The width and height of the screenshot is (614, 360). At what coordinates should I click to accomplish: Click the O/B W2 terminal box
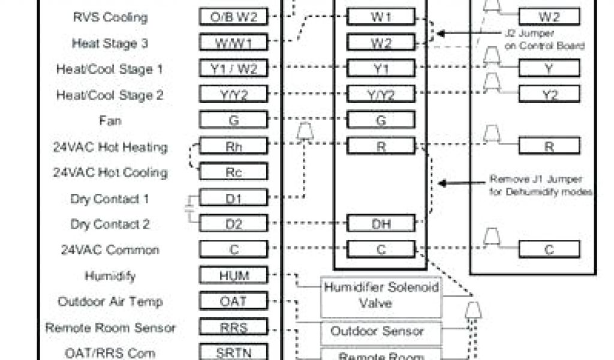pyautogui.click(x=233, y=17)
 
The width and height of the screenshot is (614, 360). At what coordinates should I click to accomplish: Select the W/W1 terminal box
pyautogui.click(x=233, y=43)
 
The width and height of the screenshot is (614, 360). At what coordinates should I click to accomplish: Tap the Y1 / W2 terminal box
pyautogui.click(x=233, y=69)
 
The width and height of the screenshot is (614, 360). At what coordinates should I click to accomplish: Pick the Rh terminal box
pyautogui.click(x=233, y=146)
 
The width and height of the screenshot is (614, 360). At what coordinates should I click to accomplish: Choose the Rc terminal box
pyautogui.click(x=233, y=172)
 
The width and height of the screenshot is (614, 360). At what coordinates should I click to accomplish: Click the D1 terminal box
pyautogui.click(x=233, y=198)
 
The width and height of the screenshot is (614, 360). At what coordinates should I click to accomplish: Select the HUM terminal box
pyautogui.click(x=233, y=275)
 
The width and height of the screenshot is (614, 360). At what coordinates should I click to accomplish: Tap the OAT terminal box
pyautogui.click(x=233, y=301)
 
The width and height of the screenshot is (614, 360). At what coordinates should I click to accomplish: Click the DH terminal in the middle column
pyautogui.click(x=381, y=224)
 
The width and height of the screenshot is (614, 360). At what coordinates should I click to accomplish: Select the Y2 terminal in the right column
pyautogui.click(x=549, y=94)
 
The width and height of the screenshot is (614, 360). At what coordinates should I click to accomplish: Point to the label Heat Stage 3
pyautogui.click(x=110, y=43)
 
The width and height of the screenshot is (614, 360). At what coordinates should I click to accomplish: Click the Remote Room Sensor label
pyautogui.click(x=110, y=328)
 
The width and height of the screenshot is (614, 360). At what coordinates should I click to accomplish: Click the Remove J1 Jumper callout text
pyautogui.click(x=541, y=185)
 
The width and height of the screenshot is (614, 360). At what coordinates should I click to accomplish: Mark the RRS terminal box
pyautogui.click(x=233, y=327)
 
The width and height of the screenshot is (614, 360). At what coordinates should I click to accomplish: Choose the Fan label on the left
pyautogui.click(x=110, y=121)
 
